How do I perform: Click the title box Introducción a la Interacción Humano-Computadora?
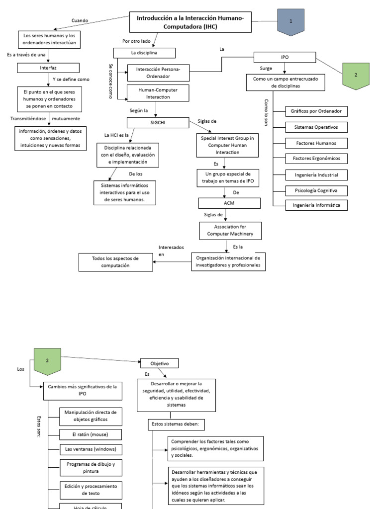191,22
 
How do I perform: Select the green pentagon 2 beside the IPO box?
356,75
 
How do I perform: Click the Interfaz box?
48,67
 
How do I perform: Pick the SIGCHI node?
158,122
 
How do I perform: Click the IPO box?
285,58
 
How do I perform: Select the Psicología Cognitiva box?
316,190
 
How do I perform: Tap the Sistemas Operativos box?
316,127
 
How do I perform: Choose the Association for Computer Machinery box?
230,230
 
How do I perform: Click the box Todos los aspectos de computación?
116,262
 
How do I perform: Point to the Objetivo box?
159,363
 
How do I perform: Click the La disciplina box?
145,52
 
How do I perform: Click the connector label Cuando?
80,20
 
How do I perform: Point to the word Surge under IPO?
266,68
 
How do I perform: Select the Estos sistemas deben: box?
177,424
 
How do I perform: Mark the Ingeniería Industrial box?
316,175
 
